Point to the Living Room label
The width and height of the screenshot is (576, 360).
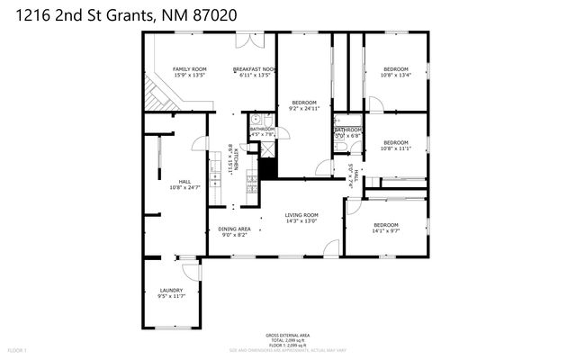(301, 215)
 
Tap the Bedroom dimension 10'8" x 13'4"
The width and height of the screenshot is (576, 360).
(396, 76)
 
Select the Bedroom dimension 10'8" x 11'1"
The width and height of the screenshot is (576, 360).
(396, 148)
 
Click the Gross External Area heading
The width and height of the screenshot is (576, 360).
(287, 332)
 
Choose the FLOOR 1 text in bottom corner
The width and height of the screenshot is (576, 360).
(17, 349)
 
